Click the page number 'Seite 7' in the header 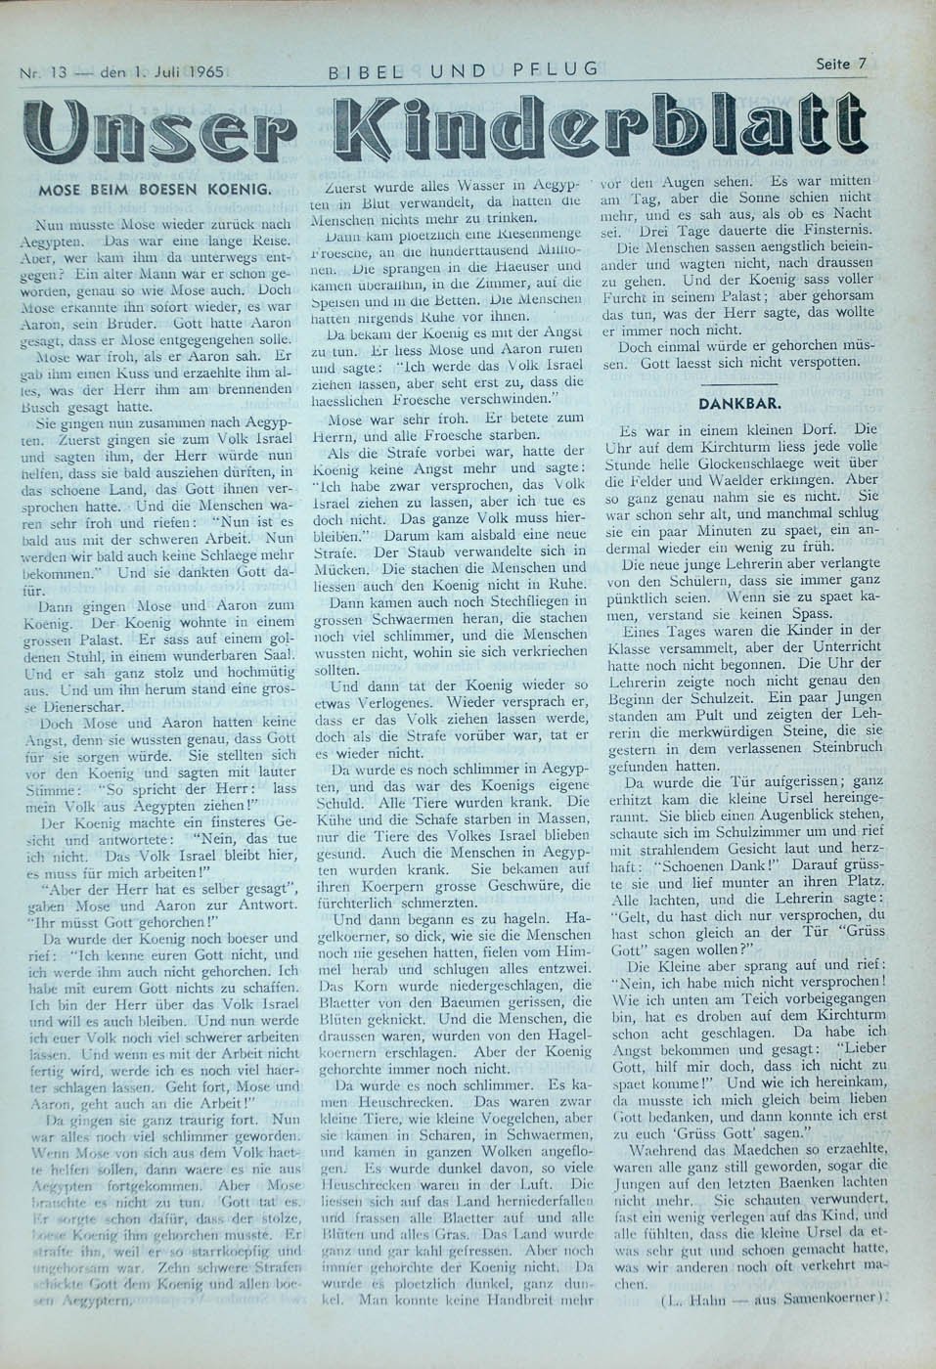(840, 65)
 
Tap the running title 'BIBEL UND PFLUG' (465, 68)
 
